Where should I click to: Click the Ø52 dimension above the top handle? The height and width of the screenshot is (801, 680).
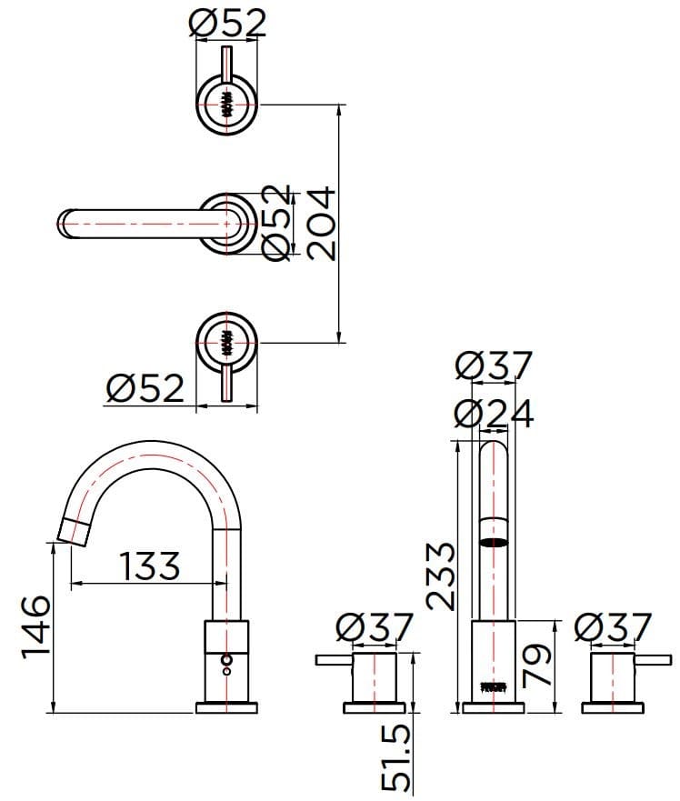[x=228, y=22]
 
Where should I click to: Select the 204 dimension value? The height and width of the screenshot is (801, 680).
[x=321, y=223]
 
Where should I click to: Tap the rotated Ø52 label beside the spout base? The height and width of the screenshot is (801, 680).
[x=279, y=223]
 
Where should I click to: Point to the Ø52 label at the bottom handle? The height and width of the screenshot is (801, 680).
[x=145, y=389]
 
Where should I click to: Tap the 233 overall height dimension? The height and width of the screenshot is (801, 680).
[x=439, y=575]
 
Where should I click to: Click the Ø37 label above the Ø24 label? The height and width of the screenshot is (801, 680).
[x=493, y=366]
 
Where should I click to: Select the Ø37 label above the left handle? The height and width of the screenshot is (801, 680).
[x=374, y=627]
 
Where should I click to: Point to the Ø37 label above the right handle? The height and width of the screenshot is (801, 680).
[x=614, y=627]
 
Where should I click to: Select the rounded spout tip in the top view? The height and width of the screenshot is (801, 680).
[x=65, y=222]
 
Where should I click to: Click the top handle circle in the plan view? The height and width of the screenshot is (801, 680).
[x=227, y=100]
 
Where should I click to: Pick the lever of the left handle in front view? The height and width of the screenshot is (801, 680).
[x=333, y=658]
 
